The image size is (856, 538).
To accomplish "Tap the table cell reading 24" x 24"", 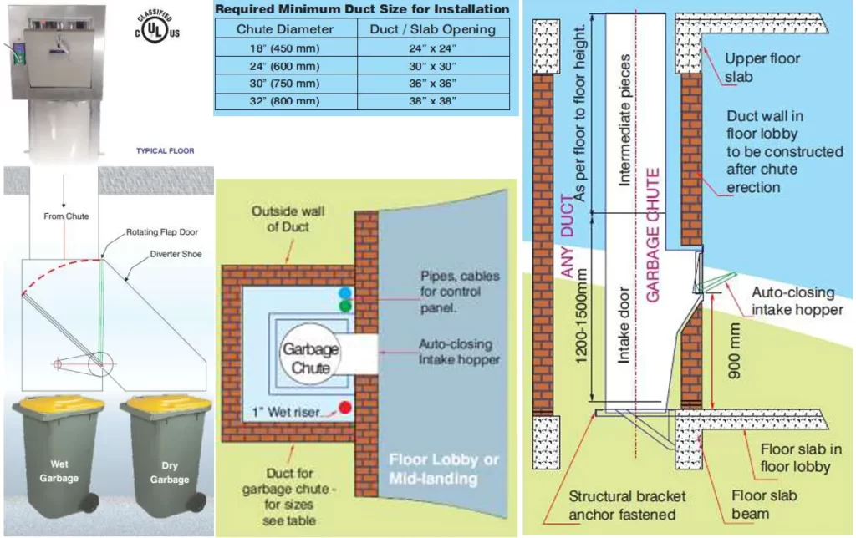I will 433,48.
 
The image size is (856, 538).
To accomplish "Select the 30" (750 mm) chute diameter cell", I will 285,84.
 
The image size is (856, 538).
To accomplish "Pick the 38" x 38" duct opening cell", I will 433,102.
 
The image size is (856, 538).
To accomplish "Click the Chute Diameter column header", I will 285,29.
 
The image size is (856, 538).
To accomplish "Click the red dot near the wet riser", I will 344,409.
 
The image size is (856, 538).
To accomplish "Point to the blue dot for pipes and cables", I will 345,293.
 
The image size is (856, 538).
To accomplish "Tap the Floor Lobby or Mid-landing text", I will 435,469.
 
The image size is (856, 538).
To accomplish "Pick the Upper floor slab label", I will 762,68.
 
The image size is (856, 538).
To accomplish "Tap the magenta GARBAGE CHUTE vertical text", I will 654,235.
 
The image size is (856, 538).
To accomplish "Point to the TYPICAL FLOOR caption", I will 166,151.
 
